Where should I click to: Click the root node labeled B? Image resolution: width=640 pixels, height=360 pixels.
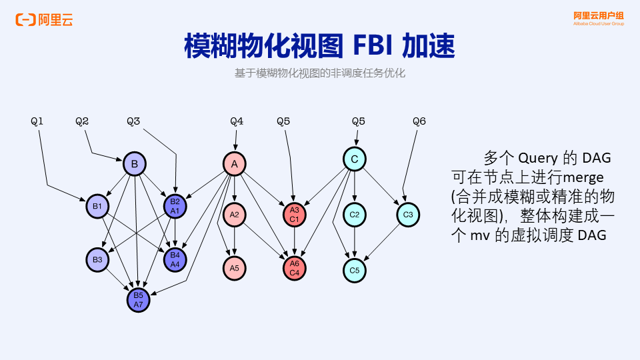[134, 164]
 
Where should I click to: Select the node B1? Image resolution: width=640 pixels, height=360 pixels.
[97, 206]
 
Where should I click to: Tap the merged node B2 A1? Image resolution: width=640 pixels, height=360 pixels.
[175, 206]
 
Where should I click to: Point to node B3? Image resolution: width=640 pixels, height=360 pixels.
[97, 259]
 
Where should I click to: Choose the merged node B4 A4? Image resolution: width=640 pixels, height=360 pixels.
[175, 259]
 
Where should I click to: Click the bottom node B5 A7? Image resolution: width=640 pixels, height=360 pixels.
[138, 300]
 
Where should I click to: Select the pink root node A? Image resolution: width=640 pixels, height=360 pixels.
[234, 164]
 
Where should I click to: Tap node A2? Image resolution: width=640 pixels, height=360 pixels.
[234, 215]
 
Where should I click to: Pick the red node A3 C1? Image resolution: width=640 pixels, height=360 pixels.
[294, 215]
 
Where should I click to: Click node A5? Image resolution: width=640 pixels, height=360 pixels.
[234, 268]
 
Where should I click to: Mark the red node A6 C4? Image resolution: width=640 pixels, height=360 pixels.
[294, 268]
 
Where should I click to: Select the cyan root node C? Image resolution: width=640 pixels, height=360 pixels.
[355, 159]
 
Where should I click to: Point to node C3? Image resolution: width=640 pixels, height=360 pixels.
[408, 215]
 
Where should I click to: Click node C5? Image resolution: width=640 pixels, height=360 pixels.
[355, 271]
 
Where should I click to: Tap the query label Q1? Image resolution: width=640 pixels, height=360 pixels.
[37, 121]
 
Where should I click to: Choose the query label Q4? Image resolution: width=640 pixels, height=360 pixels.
[237, 121]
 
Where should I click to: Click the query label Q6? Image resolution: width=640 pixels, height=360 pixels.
[419, 121]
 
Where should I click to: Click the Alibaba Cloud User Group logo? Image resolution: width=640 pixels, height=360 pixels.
[599, 18]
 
